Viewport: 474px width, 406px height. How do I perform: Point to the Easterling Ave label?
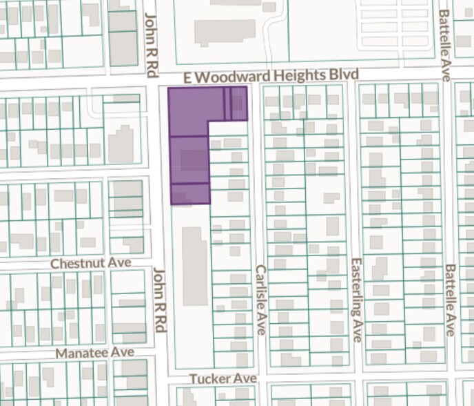(356, 300)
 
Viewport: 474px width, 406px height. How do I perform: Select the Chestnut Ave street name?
(92, 263)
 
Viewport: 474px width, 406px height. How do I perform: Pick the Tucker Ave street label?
(224, 378)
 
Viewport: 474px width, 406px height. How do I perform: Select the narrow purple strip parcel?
(227, 104)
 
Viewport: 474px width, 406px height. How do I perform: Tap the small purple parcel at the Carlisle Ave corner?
(239, 104)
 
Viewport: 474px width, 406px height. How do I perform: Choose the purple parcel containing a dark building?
(189, 159)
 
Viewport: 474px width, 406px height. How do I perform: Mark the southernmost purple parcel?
(189, 193)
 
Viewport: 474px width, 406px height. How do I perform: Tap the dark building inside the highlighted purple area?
(194, 160)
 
